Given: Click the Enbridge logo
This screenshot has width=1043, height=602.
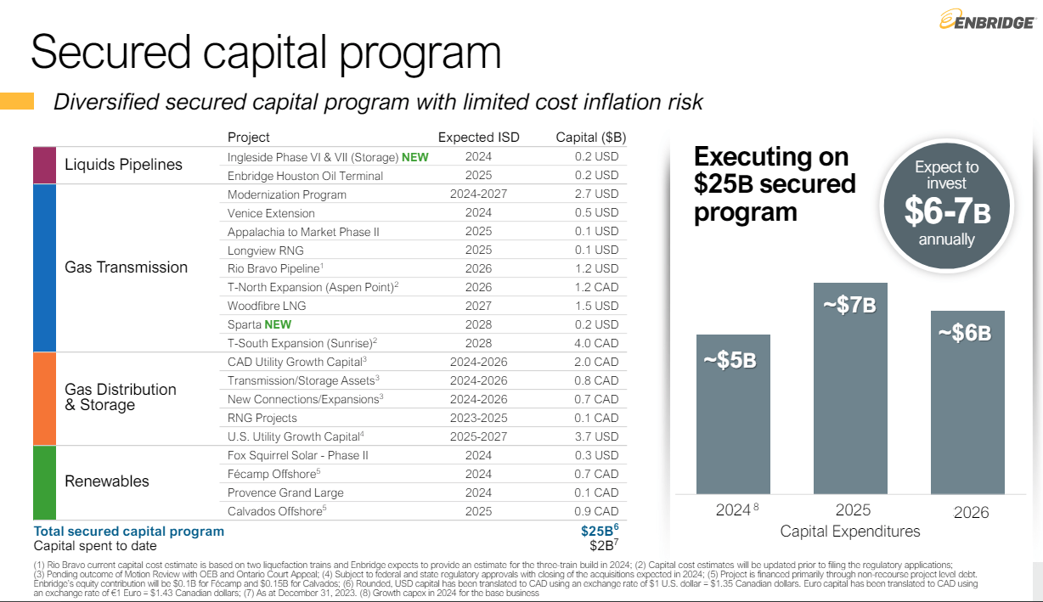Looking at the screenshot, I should (x=986, y=21).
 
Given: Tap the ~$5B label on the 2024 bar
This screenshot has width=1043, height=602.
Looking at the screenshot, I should (x=730, y=360).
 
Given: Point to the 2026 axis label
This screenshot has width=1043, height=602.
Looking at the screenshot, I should (x=971, y=512).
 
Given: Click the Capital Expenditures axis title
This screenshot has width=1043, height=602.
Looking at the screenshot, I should (x=850, y=532).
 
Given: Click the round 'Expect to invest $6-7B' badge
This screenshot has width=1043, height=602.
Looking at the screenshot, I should (x=946, y=204).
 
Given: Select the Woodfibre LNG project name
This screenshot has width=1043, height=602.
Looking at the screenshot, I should (x=267, y=306).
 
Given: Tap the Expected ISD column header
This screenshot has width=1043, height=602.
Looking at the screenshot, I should (x=478, y=138).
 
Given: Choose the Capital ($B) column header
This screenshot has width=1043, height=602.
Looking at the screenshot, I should (x=591, y=138).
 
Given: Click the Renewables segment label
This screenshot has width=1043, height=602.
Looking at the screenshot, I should (x=107, y=481).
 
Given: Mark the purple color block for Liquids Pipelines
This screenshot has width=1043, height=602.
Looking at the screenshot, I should (x=44, y=165).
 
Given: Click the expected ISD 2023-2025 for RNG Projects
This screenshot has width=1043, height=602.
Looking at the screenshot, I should (x=478, y=418).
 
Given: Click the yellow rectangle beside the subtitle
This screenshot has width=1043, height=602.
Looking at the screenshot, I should (x=17, y=102).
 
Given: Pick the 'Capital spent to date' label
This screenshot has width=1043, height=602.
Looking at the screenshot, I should (x=95, y=546).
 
